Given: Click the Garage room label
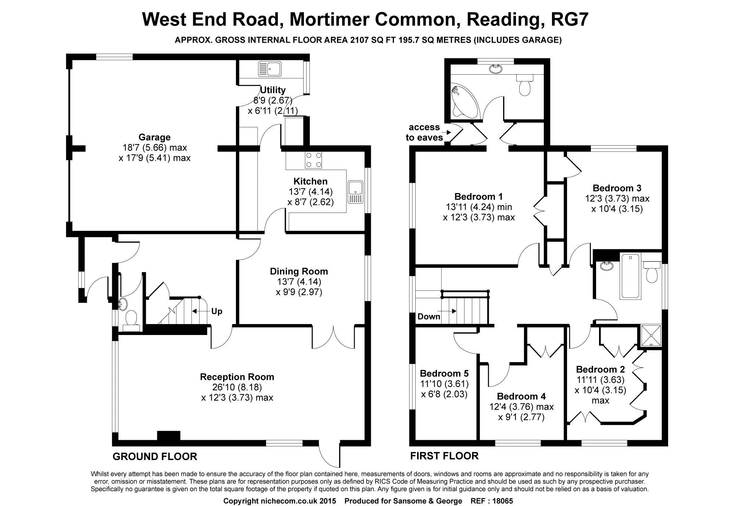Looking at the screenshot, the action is (x=154, y=138).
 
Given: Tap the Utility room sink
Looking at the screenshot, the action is (x=270, y=69).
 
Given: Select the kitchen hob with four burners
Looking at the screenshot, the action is (x=313, y=160).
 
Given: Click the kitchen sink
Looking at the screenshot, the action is (x=355, y=192).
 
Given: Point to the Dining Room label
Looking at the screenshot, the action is (x=299, y=271).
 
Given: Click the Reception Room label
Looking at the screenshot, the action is (x=237, y=377).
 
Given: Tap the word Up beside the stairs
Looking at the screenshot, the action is (x=217, y=311).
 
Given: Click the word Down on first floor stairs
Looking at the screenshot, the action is (x=429, y=317).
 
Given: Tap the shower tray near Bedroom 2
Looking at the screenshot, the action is (x=650, y=336).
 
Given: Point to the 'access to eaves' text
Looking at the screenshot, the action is (x=424, y=132).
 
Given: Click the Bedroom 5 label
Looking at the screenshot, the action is (x=444, y=374).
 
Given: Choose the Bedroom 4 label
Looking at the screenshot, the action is (x=521, y=396).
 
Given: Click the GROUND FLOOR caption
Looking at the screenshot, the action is (x=155, y=457).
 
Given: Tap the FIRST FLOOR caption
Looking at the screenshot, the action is (x=444, y=456).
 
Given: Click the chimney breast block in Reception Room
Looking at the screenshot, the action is (x=169, y=436).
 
